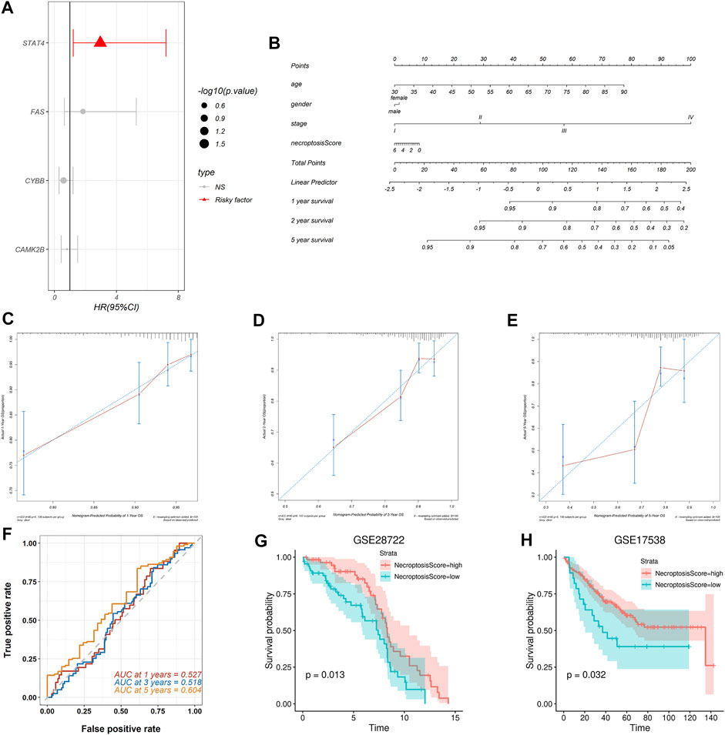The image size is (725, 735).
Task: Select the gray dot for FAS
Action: [83, 112]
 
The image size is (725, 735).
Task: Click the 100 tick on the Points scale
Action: [690, 59]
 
